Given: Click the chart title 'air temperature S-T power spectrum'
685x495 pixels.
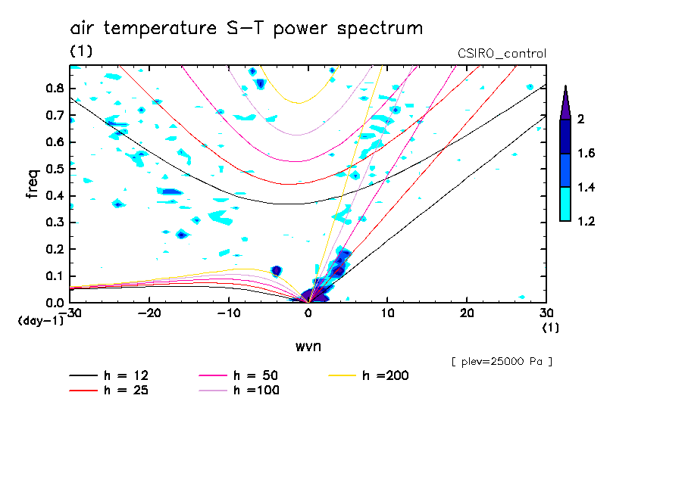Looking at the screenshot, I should point(246,29).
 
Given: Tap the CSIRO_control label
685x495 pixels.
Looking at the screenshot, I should point(502,54).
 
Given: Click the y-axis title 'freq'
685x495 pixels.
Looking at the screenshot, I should point(33,183).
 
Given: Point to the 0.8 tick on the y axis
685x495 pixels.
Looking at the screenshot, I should point(54,88).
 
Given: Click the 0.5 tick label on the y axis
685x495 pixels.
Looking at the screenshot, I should point(54,169).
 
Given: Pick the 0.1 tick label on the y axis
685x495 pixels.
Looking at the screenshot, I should point(54,276).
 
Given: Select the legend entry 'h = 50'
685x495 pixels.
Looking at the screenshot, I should point(254,375).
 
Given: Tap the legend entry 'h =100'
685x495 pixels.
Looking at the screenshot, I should point(254,391).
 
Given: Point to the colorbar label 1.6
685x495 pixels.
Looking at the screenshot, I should point(586,154).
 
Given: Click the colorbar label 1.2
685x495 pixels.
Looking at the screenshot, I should point(586,222).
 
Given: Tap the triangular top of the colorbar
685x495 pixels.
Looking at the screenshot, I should point(565,102).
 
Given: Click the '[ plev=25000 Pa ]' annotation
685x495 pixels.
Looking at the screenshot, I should point(502,362).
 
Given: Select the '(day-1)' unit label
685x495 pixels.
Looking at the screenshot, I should point(41,321).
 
